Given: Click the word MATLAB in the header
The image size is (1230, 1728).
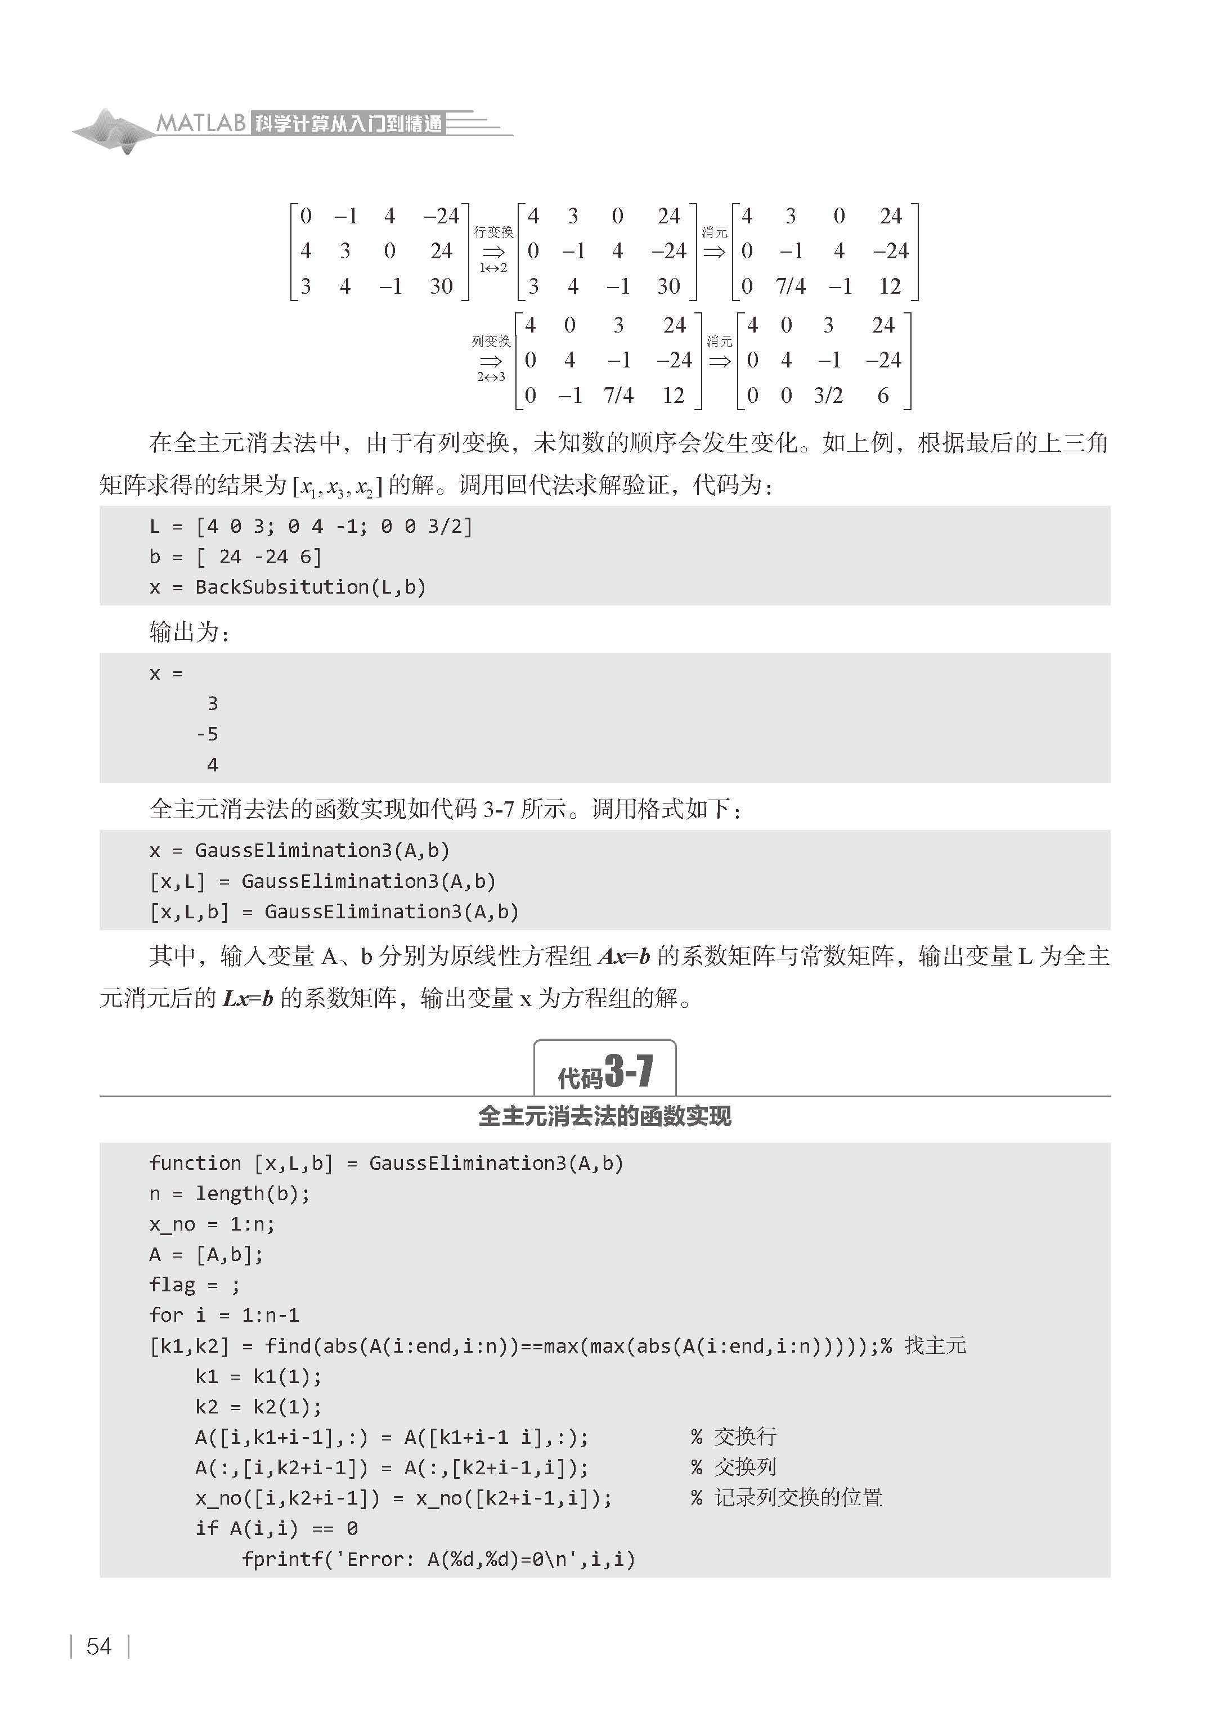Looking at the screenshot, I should coord(201,123).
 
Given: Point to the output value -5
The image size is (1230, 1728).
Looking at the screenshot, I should coord(207,734).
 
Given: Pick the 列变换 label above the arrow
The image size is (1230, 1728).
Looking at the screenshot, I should coord(491,342).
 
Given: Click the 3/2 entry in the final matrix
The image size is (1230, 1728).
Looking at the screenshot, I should coord(828,395).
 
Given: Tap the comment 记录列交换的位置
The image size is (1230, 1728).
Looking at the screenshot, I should coord(798,1498).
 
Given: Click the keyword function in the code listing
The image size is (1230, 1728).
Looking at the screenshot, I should coord(195,1163).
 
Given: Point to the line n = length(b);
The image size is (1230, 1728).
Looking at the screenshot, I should coord(230,1193).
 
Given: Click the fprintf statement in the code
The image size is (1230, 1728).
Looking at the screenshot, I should coord(438,1559).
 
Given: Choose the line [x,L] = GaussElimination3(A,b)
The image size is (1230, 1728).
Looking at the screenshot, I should coord(322,881).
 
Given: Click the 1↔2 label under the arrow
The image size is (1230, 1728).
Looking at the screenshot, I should coord(493,267).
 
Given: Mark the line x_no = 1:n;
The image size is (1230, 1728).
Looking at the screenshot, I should coord(212,1224).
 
